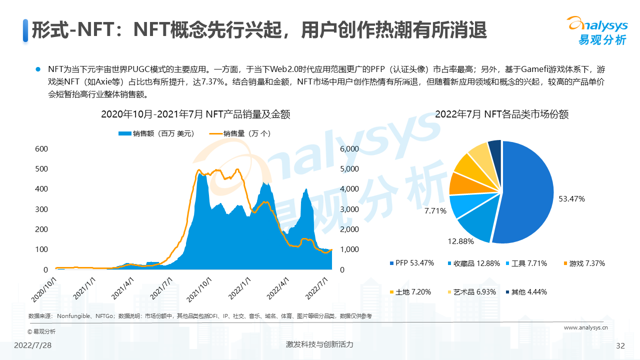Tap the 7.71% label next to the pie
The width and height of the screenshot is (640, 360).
(x=435, y=210)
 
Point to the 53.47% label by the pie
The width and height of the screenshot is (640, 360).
(x=572, y=198)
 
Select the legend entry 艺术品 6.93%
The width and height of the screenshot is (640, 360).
(x=467, y=291)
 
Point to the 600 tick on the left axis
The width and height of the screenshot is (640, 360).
(x=41, y=148)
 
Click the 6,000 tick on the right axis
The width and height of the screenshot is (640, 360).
(x=349, y=148)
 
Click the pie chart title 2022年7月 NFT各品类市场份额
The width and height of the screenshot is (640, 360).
(x=501, y=114)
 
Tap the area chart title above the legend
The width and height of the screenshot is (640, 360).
(x=195, y=114)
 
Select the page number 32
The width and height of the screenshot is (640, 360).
(x=620, y=346)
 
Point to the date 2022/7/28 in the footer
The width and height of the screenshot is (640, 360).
(x=32, y=346)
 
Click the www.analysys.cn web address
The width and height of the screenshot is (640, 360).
(x=585, y=328)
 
